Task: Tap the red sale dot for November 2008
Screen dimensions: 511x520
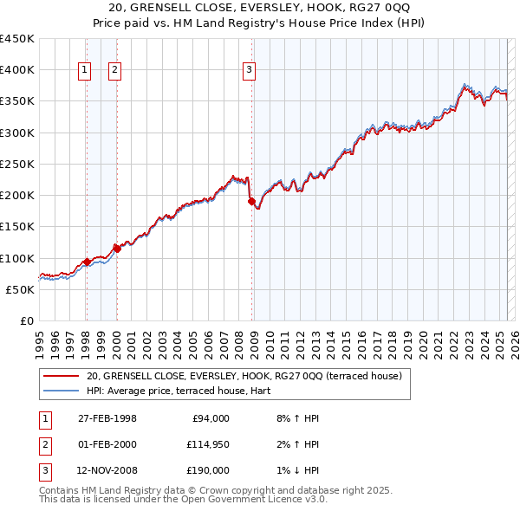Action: pos(252,202)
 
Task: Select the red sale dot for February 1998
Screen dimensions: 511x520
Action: pos(87,262)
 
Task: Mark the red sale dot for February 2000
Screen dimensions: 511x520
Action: pos(117,249)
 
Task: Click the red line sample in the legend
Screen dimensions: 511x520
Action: pos(60,377)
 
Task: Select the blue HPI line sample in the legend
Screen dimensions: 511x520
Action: pos(60,391)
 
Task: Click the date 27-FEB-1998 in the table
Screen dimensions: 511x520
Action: pos(107,418)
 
